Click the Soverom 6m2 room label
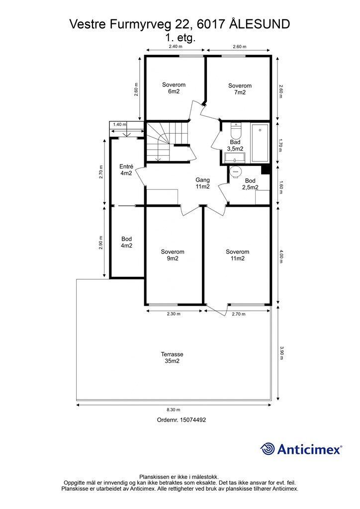click(x=174, y=88)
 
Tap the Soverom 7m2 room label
click(x=240, y=89)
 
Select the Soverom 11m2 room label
click(x=238, y=255)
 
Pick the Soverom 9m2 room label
click(x=173, y=255)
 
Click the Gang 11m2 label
click(x=202, y=183)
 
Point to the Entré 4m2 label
click(x=126, y=170)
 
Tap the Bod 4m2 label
click(x=127, y=242)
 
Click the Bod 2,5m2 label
click(x=250, y=184)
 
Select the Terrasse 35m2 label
click(x=172, y=358)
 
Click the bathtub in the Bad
click(x=260, y=143)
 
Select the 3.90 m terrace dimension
click(x=281, y=353)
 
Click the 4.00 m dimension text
click(x=281, y=256)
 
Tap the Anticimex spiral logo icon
click(x=268, y=449)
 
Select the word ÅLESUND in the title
click(x=260, y=24)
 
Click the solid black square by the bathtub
click(x=266, y=170)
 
